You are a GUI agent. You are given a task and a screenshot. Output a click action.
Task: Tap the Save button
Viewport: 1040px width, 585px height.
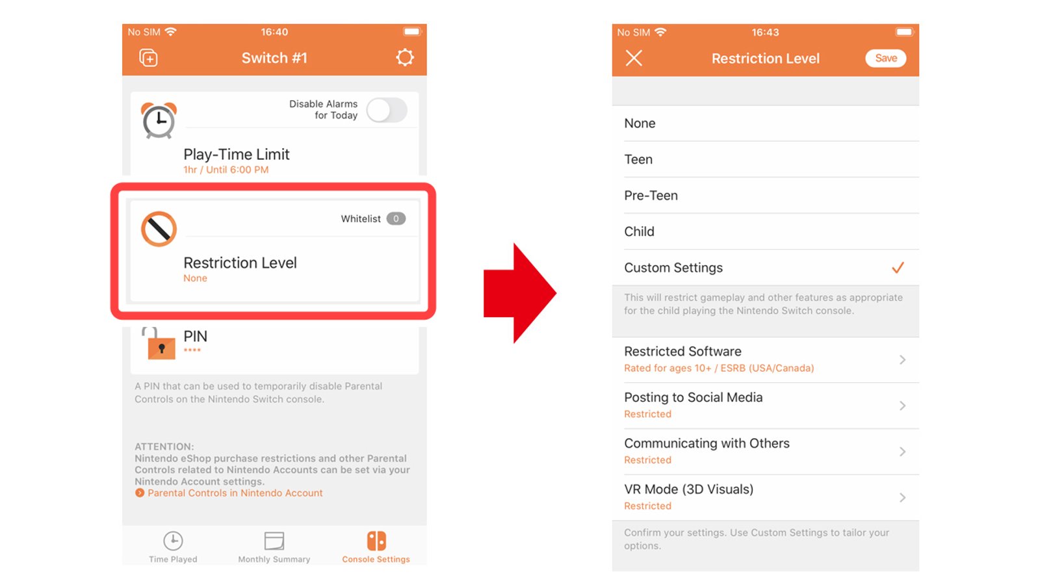pyautogui.click(x=885, y=58)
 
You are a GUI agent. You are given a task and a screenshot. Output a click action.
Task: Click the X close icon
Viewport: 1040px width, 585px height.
pyautogui.click(x=634, y=58)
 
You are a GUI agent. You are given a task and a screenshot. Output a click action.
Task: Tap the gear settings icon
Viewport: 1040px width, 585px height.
pyautogui.click(x=405, y=58)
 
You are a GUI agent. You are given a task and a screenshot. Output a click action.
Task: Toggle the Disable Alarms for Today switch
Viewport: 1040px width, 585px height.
pyautogui.click(x=387, y=110)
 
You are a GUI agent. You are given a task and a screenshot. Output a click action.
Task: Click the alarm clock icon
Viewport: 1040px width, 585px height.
pyautogui.click(x=159, y=120)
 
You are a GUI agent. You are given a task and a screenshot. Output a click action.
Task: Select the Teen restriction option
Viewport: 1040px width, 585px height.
pyautogui.click(x=638, y=159)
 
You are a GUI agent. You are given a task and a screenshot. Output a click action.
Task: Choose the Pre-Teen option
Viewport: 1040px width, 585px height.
pyautogui.click(x=651, y=196)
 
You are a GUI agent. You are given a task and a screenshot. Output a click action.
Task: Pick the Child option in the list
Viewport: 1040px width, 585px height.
pyautogui.click(x=639, y=231)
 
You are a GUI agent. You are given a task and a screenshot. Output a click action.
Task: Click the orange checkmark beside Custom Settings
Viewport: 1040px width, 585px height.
pyautogui.click(x=898, y=268)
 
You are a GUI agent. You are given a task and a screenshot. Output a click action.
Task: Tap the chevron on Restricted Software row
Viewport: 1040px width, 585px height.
pyautogui.click(x=902, y=359)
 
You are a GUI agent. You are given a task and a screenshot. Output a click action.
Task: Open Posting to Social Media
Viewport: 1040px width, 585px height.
pyautogui.click(x=693, y=398)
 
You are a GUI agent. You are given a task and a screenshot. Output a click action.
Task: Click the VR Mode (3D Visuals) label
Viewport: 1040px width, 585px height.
pyautogui.click(x=688, y=489)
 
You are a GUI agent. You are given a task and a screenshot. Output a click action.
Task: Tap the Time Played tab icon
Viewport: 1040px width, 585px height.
pyautogui.click(x=173, y=541)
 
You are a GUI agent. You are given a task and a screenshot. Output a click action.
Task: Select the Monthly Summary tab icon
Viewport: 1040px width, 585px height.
pyautogui.click(x=274, y=541)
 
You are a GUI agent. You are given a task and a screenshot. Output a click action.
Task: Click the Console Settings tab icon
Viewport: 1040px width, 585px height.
pyautogui.click(x=376, y=541)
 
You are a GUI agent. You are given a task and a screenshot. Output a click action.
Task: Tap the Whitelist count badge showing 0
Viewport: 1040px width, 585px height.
pyautogui.click(x=396, y=219)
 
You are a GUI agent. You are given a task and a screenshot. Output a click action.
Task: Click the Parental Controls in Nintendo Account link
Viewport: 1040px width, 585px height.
pyautogui.click(x=235, y=493)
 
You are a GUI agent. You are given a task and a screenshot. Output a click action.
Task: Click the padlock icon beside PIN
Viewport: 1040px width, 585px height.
pyautogui.click(x=160, y=344)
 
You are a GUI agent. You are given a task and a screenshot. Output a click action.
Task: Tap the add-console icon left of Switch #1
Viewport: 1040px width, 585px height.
pyautogui.click(x=148, y=58)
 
